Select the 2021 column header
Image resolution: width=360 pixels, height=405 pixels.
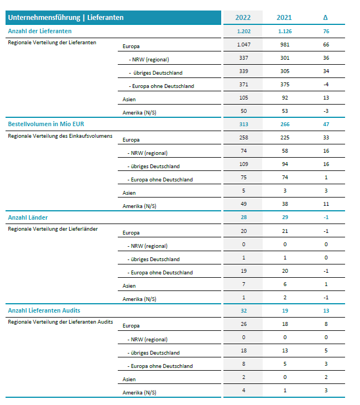tap(284, 18)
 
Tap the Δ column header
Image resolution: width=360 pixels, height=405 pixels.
tap(325, 18)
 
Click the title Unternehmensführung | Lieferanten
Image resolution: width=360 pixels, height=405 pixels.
tap(66, 18)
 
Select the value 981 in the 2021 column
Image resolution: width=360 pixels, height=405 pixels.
tap(284, 45)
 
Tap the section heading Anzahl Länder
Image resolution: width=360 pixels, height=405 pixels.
tap(27, 217)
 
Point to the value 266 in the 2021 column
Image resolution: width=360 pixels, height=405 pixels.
tap(284, 124)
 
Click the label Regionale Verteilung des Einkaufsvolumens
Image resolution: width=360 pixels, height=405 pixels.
tap(60, 136)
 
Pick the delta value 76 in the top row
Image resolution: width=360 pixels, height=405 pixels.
tap(325, 32)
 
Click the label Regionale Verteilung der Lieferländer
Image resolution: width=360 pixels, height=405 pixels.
tap(53, 229)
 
